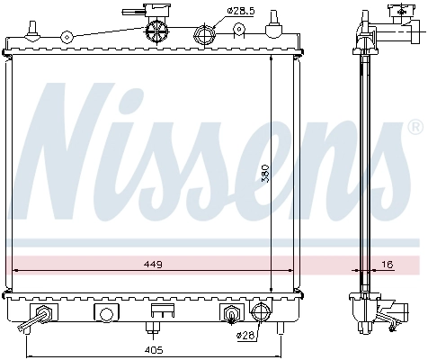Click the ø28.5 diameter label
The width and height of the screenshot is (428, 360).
241,10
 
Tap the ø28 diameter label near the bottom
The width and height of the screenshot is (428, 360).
246,336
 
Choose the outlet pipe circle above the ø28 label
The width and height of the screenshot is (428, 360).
261,313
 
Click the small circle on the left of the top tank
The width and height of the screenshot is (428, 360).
66,38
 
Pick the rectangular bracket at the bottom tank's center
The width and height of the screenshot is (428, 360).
162,311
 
